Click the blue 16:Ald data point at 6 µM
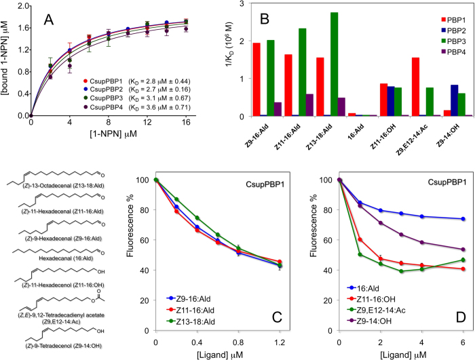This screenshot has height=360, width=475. [x=463, y=219]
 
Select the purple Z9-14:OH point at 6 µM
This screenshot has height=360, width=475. [x=463, y=249]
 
